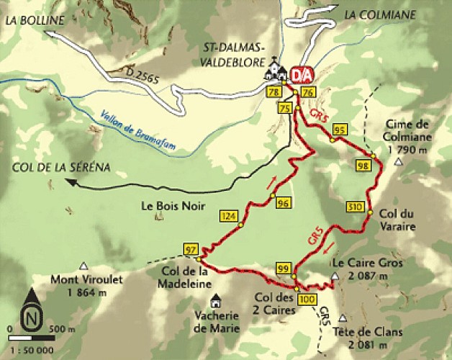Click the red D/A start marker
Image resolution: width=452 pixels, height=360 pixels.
[301, 74]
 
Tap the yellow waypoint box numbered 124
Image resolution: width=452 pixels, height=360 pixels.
[229, 216]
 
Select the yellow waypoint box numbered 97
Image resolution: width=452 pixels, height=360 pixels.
[191, 249]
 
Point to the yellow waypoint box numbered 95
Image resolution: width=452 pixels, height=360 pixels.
[340, 130]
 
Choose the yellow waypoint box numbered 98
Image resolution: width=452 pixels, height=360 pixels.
[363, 166]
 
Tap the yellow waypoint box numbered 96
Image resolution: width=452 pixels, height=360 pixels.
[283, 203]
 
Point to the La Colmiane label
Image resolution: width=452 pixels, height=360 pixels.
[381, 13]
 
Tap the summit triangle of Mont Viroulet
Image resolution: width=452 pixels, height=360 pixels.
[84, 265]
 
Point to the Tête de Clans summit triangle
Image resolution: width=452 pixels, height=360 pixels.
[348, 316]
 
